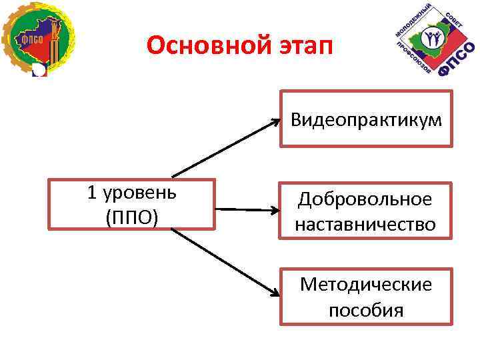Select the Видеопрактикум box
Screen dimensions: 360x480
pos(365,119)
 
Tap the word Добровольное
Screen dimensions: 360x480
pos(365,199)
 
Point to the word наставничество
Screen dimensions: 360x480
pos(365,224)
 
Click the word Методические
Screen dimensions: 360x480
pos(365,285)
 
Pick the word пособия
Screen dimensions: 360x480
pos(365,309)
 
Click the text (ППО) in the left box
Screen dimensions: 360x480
pos(132,217)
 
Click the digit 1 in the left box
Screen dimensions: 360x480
pos(92,193)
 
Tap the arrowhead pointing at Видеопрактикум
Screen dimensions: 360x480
pos(275,122)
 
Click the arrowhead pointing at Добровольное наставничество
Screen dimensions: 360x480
pos(275,211)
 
